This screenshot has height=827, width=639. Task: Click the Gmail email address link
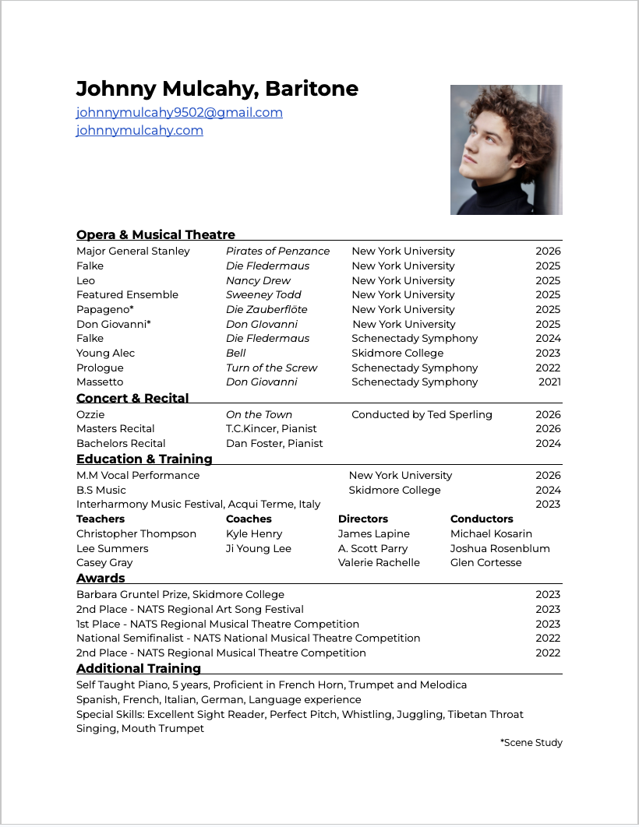pyautogui.click(x=179, y=112)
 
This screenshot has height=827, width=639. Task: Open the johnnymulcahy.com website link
pyautogui.click(x=139, y=130)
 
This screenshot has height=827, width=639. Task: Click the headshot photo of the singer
pyautogui.click(x=506, y=150)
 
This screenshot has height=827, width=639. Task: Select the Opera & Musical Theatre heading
pyautogui.click(x=156, y=234)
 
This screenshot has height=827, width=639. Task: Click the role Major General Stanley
pyautogui.click(x=133, y=251)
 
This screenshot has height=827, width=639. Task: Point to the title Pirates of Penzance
pyautogui.click(x=277, y=251)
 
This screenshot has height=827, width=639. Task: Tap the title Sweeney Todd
pyautogui.click(x=263, y=294)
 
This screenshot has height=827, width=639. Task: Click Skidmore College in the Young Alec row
pyautogui.click(x=397, y=353)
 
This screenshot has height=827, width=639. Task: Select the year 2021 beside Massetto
pyautogui.click(x=549, y=382)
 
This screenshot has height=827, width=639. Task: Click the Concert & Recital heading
pyautogui.click(x=132, y=398)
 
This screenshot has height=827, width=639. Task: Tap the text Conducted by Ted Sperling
pyautogui.click(x=422, y=414)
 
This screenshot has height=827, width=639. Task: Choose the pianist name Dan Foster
pyautogui.click(x=274, y=443)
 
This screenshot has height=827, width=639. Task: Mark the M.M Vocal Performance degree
pyautogui.click(x=138, y=475)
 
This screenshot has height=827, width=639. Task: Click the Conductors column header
pyautogui.click(x=482, y=519)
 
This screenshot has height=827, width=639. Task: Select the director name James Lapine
pyautogui.click(x=373, y=533)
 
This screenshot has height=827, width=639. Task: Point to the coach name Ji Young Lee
pyautogui.click(x=259, y=548)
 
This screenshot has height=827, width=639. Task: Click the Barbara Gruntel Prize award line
pyautogui.click(x=180, y=594)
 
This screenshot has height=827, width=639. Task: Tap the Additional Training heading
pyautogui.click(x=139, y=668)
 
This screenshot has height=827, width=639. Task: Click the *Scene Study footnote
pyautogui.click(x=531, y=742)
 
